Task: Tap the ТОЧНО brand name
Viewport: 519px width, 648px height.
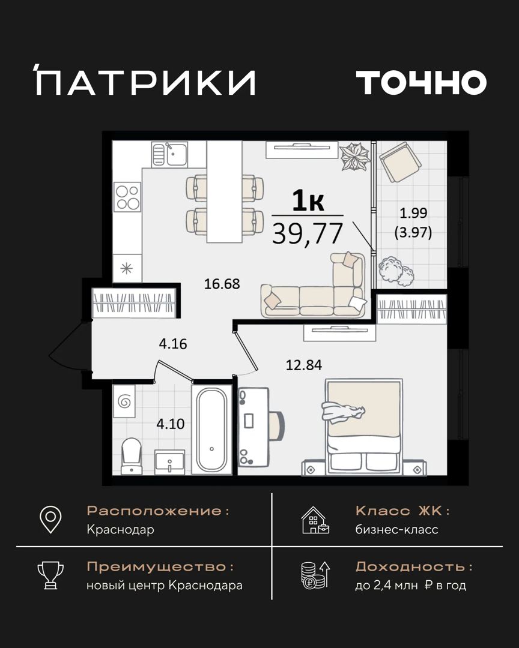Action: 421,82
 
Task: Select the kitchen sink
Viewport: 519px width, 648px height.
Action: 169,154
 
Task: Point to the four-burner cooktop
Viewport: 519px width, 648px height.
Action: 127,197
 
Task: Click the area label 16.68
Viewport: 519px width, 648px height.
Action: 222,284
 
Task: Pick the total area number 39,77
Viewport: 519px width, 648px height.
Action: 308,233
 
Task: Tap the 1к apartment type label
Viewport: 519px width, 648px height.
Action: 308,202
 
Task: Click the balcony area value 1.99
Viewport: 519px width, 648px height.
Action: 413,213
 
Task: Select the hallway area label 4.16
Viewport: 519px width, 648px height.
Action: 173,343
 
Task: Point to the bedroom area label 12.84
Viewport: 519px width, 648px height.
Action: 304,365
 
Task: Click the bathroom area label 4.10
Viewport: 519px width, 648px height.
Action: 171,424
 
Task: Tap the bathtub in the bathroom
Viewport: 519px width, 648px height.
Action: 211,429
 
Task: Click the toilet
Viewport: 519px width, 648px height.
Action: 131,456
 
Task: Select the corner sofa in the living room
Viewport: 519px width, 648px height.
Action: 314,286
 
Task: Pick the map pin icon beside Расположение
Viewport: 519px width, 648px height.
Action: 50,520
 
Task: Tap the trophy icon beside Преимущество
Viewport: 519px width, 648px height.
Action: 50,575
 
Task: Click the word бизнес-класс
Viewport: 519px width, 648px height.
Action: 396,529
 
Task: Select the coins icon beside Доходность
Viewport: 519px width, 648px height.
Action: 315,575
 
